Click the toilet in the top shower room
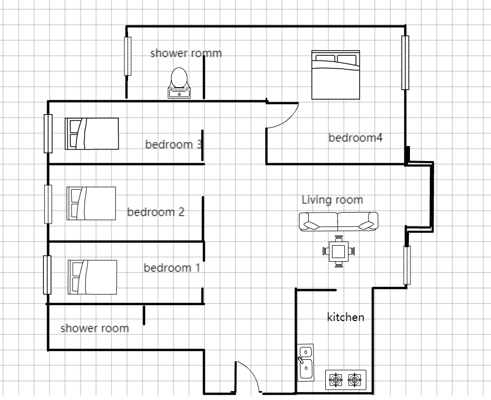click(179, 83)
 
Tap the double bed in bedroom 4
click(336, 75)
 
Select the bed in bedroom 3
click(92, 134)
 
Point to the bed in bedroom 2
click(91, 203)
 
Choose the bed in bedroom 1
click(92, 277)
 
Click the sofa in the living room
click(339, 221)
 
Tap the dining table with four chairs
click(339, 251)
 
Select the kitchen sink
click(305, 363)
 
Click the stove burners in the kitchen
click(346, 380)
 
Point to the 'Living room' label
click(332, 200)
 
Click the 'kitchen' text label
click(346, 317)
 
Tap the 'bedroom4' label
click(355, 138)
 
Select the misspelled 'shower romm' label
click(186, 53)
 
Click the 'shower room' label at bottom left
click(94, 328)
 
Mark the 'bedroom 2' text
click(155, 212)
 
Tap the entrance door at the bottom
click(249, 377)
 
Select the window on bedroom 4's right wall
click(405, 62)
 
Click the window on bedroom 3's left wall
click(48, 134)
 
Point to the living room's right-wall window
click(407, 265)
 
